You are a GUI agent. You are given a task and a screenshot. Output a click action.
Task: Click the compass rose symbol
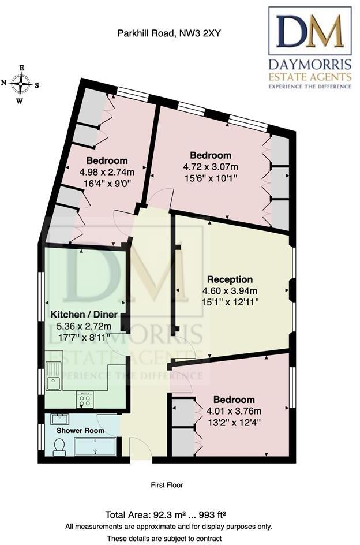tap(21, 85)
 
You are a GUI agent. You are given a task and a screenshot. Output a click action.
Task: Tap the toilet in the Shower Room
tap(59, 446)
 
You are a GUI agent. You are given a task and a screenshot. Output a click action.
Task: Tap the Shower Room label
tap(80, 431)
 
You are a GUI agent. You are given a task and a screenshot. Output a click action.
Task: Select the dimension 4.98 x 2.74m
tap(107, 171)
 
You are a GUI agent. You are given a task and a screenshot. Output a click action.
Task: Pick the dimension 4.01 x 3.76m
tap(234, 411)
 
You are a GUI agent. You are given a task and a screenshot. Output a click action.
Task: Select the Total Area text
tap(168, 515)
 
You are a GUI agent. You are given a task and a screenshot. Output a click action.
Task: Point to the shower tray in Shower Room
tap(96, 446)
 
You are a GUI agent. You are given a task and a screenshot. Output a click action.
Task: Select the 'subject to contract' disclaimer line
tap(168, 538)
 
